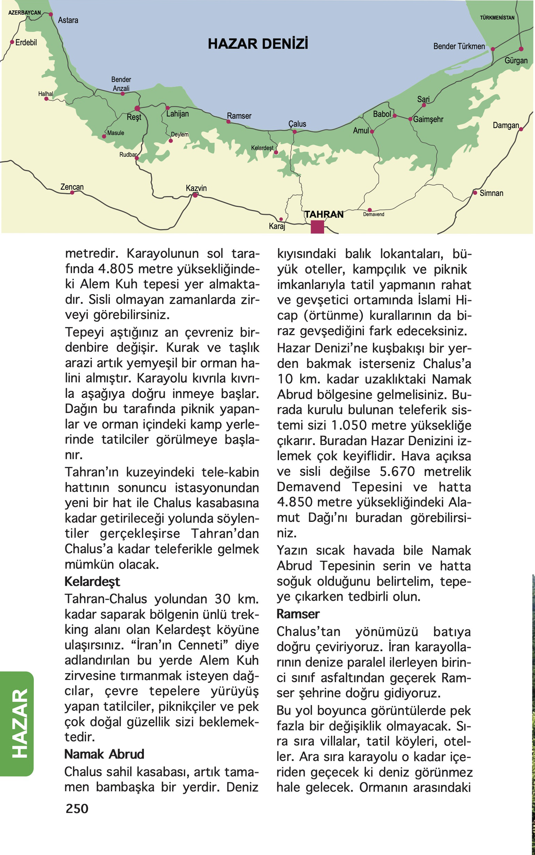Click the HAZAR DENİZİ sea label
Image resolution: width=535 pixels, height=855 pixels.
pos(258,44)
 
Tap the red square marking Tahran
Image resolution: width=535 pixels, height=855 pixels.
pos(317,227)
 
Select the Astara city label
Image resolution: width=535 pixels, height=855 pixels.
pos(68,20)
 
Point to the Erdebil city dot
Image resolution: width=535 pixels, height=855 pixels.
pos(12,42)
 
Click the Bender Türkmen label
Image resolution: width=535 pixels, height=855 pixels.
pos(459,47)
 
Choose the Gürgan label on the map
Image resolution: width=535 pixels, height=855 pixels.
pos(515,61)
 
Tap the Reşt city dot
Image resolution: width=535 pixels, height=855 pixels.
pos(137,108)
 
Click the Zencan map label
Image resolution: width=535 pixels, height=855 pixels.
pos(72,187)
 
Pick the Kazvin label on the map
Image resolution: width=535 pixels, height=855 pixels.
pos(196,188)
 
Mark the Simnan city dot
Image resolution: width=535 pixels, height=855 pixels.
pos(475,193)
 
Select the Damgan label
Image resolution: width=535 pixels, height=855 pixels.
pos(506,125)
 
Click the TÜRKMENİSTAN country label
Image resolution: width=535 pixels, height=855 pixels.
pos(497,18)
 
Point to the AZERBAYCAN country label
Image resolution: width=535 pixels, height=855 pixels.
pos(24,13)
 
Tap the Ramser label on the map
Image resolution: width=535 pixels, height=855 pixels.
pos(239,116)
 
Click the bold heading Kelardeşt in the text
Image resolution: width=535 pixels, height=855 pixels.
pos(92,582)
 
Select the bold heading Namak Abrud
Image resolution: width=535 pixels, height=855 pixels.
pos(104,754)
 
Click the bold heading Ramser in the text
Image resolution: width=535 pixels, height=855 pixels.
pos(298,614)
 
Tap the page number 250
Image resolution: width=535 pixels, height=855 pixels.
pos(77,808)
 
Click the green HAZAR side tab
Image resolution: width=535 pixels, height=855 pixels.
pos(20,723)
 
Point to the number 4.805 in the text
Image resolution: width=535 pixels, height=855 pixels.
pos(116,269)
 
